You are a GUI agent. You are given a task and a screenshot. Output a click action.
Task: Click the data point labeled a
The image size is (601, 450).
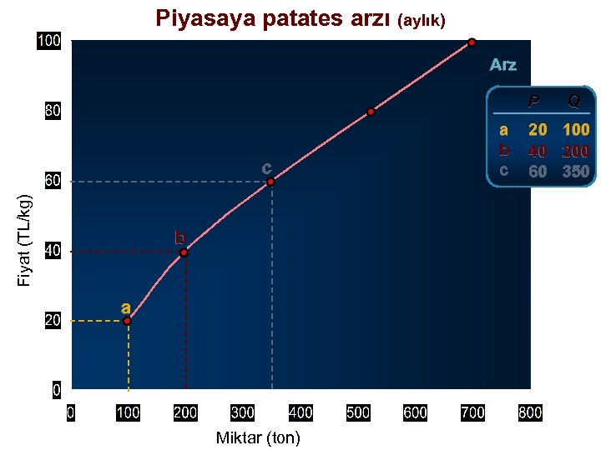128,320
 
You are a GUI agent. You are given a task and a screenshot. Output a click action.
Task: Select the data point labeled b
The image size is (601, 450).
184,252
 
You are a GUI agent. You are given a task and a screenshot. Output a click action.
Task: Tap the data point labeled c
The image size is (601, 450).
271,181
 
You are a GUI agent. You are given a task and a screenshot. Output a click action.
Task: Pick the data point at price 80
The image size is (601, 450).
371,112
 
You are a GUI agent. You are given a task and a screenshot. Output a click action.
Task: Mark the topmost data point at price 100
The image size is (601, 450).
472,42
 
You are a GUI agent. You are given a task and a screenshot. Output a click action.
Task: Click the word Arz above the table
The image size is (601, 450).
503,65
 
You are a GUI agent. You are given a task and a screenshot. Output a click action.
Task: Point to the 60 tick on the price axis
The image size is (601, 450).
52,181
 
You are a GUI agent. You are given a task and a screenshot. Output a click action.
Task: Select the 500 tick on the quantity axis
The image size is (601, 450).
357,412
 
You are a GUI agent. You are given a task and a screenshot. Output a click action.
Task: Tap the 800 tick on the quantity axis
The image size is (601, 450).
530,412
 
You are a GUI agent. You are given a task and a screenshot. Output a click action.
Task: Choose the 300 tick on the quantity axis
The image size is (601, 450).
242,412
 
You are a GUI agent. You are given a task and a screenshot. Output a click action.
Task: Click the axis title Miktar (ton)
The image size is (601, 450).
258,437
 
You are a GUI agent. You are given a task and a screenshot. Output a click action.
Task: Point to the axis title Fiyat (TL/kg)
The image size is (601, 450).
26,240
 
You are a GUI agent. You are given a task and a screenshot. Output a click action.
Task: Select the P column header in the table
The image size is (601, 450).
534,102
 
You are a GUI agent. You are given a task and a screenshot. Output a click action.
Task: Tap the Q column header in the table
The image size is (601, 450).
574,102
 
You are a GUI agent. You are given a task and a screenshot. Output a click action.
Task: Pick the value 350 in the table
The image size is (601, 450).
576,172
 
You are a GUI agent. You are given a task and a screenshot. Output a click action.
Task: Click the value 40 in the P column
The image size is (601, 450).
538,152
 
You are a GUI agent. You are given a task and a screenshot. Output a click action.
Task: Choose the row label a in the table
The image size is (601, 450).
503,130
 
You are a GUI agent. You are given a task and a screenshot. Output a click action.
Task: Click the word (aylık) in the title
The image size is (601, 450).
427,20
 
